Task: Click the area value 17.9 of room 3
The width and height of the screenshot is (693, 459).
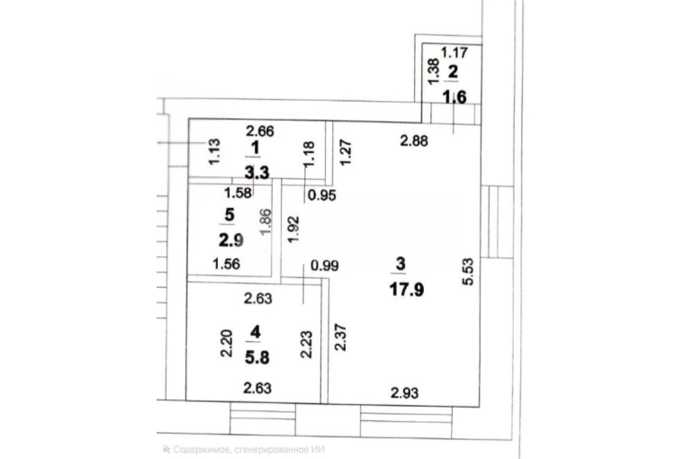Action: click(x=407, y=290)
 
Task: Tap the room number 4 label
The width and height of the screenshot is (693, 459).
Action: click(x=255, y=331)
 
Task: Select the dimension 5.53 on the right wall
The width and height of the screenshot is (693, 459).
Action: click(x=468, y=272)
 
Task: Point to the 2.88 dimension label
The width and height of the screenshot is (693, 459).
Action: click(x=414, y=141)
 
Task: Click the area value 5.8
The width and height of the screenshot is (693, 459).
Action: click(x=256, y=357)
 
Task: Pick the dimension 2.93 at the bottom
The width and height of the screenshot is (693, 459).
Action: click(x=405, y=392)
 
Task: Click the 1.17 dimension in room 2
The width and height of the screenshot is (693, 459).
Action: click(x=454, y=53)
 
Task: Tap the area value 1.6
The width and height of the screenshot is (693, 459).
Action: click(x=454, y=96)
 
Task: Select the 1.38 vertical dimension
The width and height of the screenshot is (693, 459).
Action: click(x=434, y=72)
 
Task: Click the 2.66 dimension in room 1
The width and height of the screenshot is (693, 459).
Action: click(x=260, y=131)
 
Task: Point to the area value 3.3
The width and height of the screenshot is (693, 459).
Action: click(x=256, y=172)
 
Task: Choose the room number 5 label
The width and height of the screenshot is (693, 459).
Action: click(x=229, y=215)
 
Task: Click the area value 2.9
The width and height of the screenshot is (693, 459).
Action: click(x=231, y=240)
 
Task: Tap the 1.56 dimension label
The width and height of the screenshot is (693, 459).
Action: click(x=226, y=265)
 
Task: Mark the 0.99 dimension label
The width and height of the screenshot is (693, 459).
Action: click(x=325, y=265)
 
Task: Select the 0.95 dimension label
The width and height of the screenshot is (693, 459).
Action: click(x=322, y=194)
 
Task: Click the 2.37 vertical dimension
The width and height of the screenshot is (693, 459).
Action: click(x=340, y=337)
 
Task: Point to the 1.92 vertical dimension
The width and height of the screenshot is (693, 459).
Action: click(x=293, y=229)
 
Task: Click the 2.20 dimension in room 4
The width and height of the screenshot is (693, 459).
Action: click(x=226, y=343)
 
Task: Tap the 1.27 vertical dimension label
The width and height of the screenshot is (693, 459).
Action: click(x=346, y=152)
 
